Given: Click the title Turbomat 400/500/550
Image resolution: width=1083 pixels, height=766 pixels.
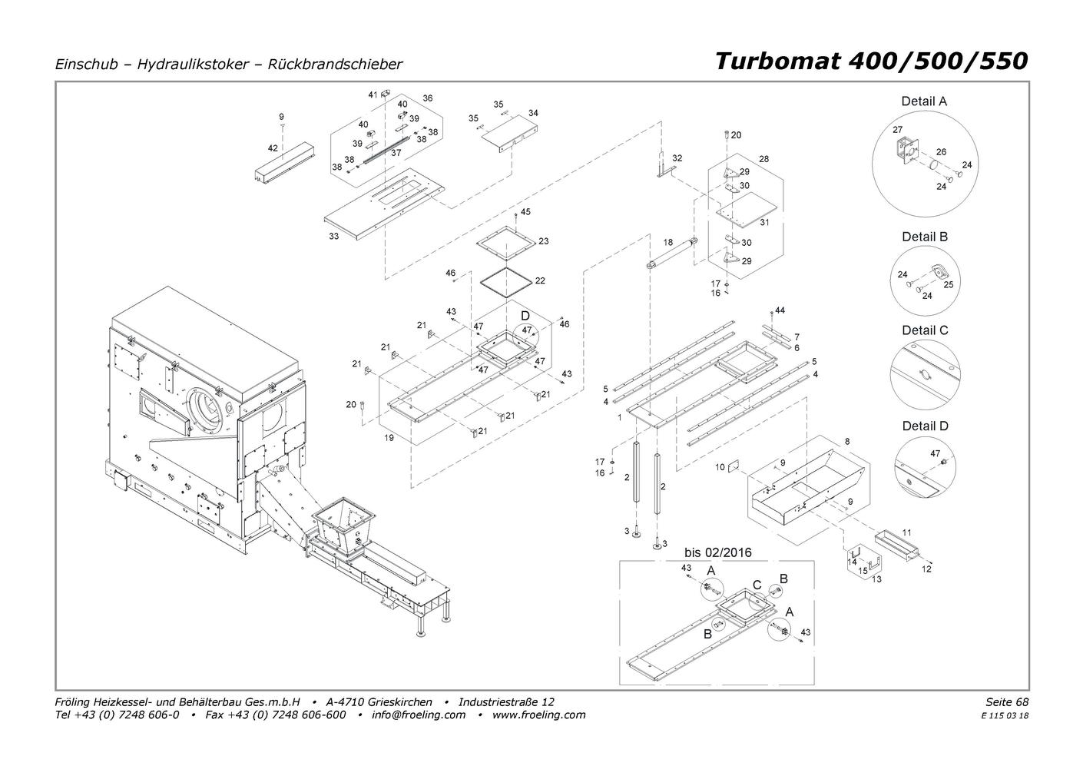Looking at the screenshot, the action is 871,61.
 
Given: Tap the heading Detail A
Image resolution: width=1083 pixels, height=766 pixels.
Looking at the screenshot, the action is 924,101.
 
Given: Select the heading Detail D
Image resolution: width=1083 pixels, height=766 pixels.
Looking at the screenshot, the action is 925,426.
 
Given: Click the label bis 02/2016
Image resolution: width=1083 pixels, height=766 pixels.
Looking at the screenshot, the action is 718,552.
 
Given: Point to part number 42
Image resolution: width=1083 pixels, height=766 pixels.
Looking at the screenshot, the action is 273,148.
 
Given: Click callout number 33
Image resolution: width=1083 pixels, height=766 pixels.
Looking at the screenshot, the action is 333,237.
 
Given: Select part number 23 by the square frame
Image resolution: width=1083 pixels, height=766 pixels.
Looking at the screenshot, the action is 544,241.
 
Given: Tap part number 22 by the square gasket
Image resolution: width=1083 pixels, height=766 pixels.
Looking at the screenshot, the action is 540,280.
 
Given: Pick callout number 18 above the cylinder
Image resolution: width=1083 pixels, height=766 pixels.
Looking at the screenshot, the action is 667,242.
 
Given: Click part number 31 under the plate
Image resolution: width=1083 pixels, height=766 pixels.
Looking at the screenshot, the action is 764,223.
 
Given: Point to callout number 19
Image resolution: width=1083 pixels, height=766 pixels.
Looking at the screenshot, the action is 389,438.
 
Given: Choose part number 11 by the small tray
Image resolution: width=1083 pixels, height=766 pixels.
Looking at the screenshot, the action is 906,532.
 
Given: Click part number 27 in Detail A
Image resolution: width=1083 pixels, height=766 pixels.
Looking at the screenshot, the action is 897,130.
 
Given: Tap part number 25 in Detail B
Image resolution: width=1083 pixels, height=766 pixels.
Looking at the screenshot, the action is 948,285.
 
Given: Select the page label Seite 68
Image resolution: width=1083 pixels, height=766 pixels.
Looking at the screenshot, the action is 1007,701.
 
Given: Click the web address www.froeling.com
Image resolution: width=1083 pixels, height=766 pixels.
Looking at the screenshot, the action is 538,715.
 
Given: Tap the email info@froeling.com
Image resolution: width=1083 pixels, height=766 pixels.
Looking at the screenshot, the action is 418,715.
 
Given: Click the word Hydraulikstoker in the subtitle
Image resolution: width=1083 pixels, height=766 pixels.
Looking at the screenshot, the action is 193,65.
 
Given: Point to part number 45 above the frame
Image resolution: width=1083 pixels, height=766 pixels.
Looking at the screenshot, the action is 525,212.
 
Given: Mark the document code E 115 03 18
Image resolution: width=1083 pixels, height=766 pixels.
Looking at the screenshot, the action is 1005,716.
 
